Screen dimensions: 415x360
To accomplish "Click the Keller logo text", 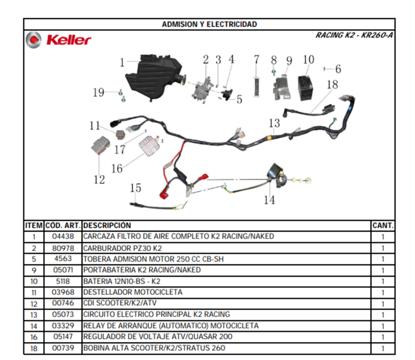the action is tap(69, 40).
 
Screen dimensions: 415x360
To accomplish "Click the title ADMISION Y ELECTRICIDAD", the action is tap(209, 24).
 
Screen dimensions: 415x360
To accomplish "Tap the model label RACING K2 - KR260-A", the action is tap(354, 35).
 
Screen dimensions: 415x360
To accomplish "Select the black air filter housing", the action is tap(155, 78).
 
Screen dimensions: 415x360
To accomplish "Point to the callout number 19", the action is tap(99, 92).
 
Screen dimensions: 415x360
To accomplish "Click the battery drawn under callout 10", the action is tap(306, 88).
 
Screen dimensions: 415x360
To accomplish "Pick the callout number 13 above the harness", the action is tap(274, 123).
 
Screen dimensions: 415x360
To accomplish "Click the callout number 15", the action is tap(135, 188).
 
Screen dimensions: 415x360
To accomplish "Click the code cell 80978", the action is tap(63, 249).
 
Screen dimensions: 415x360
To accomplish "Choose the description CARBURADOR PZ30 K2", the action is tap(122, 249).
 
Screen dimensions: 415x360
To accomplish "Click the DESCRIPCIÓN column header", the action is tap(107, 226).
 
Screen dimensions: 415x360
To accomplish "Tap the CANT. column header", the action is tap(383, 226).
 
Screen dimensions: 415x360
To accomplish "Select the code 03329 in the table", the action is tap(63, 325).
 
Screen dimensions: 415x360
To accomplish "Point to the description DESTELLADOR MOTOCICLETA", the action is tap(133, 292).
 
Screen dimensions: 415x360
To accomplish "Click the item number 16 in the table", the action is tap(34, 337).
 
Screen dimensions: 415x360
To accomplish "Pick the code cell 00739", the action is tap(63, 348).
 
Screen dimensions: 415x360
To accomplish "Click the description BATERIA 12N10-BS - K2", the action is tap(122, 281).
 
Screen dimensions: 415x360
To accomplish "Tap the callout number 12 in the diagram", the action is tap(99, 179).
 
